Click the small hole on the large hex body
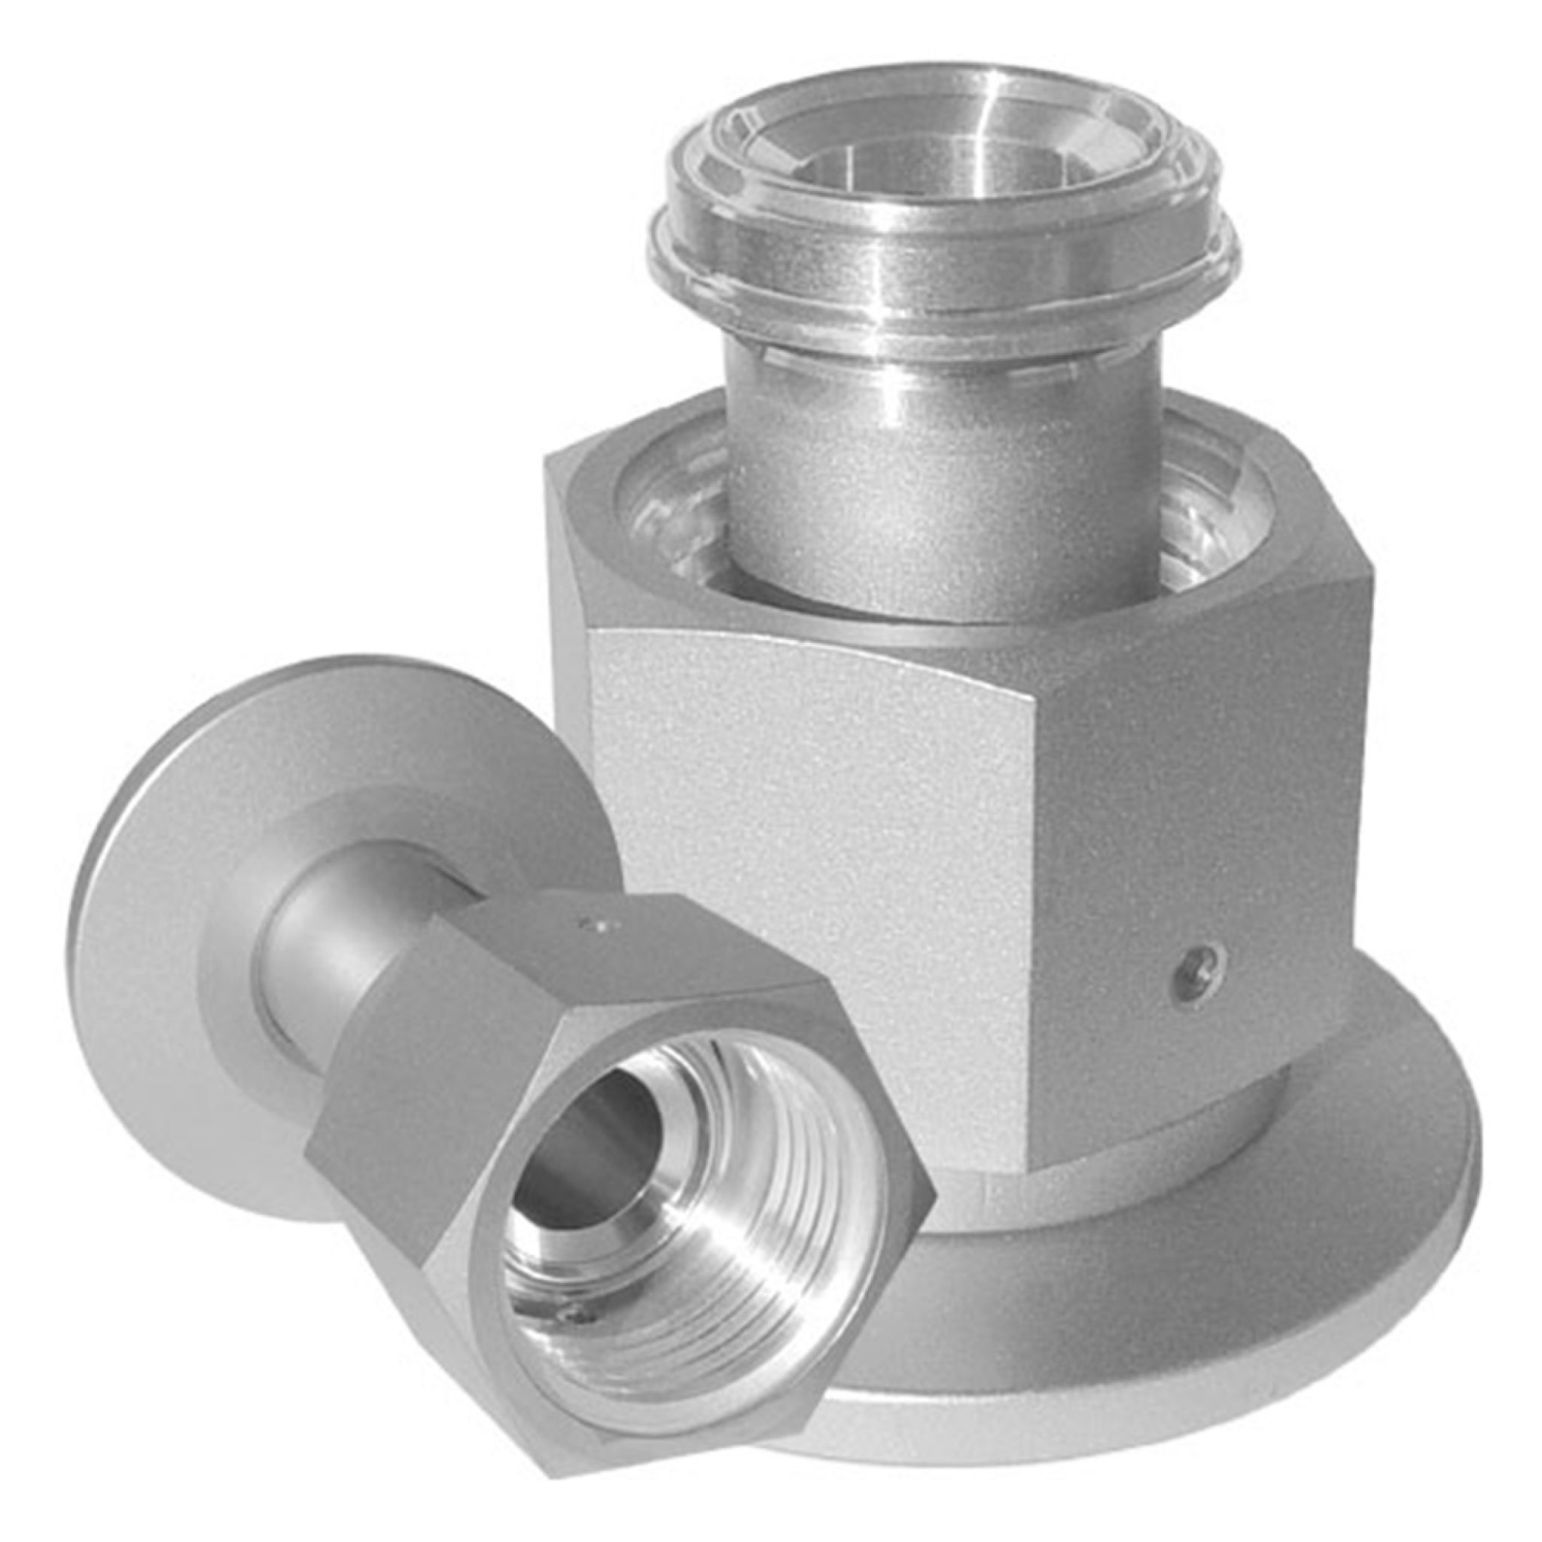(x=1195, y=968)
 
